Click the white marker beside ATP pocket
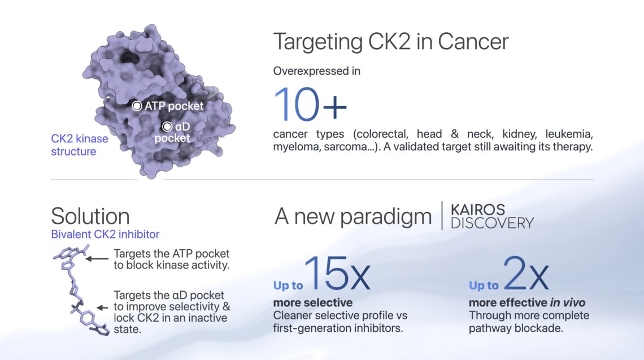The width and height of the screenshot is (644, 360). (137, 106)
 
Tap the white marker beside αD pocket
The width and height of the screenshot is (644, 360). (167, 127)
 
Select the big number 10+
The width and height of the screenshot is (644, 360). (310, 105)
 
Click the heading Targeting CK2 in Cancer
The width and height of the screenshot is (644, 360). (390, 41)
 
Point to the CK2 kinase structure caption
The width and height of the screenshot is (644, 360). (80, 145)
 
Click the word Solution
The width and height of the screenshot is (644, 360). (90, 216)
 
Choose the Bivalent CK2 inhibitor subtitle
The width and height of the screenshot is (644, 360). (105, 234)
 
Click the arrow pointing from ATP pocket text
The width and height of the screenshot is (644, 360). (97, 259)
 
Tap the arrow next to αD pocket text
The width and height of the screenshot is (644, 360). (102, 307)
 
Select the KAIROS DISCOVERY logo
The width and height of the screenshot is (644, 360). (492, 216)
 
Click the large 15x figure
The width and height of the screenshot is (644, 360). (337, 273)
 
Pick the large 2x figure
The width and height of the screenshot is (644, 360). (526, 273)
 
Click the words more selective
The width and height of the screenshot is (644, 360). (313, 303)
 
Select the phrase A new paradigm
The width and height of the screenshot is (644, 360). (353, 216)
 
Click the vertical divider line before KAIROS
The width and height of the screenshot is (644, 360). (442, 216)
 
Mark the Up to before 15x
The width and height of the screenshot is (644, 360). (288, 285)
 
